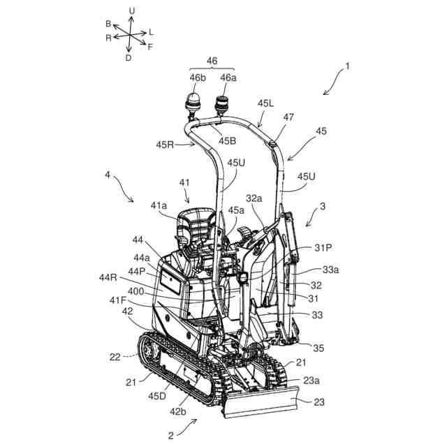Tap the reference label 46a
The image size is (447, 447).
[x=228, y=78]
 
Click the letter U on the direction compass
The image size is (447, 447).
[x=131, y=10]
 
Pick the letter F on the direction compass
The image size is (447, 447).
[x=150, y=46]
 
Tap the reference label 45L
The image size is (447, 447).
[x=265, y=103]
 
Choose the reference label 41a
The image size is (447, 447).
[x=160, y=207]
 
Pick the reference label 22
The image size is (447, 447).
[x=116, y=356]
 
